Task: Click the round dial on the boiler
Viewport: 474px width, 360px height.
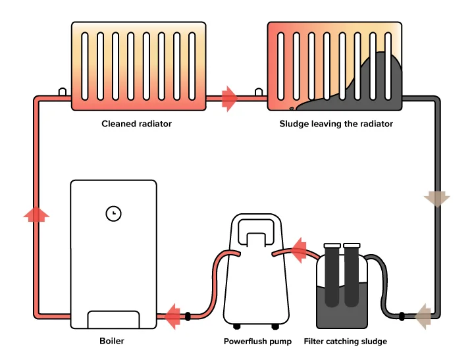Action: (x=113, y=213)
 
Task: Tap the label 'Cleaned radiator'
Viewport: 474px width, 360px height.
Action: (x=136, y=124)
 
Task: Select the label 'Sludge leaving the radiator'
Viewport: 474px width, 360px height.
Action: (x=336, y=124)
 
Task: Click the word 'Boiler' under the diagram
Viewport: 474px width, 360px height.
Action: (x=111, y=342)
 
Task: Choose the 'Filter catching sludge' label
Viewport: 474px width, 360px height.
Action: (x=345, y=342)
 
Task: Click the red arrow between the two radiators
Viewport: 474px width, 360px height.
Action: (x=230, y=99)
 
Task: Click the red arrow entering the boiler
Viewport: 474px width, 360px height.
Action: (x=172, y=317)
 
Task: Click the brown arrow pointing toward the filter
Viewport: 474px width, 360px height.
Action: (x=422, y=316)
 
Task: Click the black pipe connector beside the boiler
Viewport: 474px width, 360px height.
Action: (x=188, y=317)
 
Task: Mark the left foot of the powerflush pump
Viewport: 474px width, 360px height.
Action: (x=237, y=326)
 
